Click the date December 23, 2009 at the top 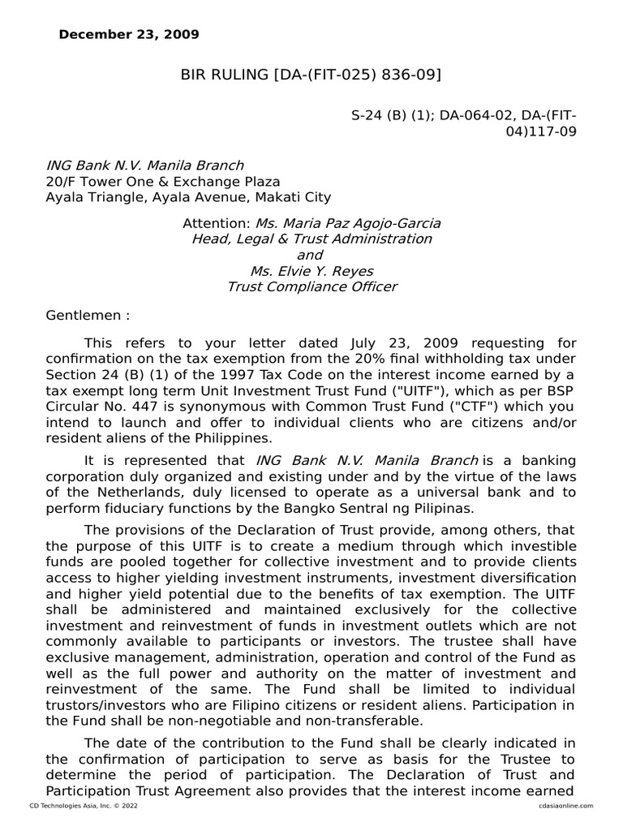[129, 35]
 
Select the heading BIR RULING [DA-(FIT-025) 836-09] [311, 75]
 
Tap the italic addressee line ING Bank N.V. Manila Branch [144, 166]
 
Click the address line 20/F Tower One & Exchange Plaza [163, 181]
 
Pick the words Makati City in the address [294, 197]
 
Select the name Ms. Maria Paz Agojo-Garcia [349, 223]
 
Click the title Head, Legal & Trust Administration [311, 239]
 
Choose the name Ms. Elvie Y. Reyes [311, 271]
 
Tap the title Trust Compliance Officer [311, 286]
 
